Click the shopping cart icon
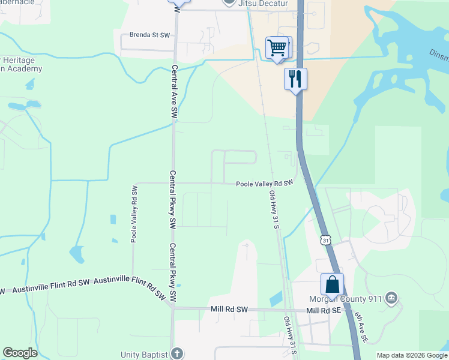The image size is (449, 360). [277, 47]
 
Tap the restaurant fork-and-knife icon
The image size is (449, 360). [295, 79]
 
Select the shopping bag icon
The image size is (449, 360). [332, 285]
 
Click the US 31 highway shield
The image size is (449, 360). [325, 239]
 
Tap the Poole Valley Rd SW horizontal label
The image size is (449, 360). [264, 184]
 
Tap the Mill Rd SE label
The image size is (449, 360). [323, 310]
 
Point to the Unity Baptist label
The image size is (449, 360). [144, 354]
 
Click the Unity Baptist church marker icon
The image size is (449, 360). [176, 353]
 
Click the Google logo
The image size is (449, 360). [20, 353]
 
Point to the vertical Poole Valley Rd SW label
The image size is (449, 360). [134, 214]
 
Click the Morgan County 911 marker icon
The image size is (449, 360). [391, 298]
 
